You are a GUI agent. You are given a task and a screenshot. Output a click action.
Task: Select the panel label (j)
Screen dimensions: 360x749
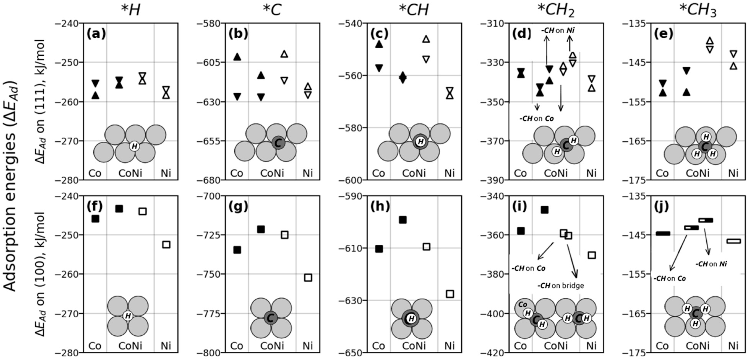pyautogui.click(x=661, y=207)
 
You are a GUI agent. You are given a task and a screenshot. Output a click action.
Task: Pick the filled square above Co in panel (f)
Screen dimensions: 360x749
pyautogui.click(x=95, y=219)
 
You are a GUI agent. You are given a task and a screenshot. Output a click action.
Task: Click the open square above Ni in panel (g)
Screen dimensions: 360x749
pyautogui.click(x=308, y=277)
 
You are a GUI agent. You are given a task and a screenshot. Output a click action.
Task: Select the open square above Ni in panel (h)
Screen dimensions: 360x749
pyautogui.click(x=450, y=294)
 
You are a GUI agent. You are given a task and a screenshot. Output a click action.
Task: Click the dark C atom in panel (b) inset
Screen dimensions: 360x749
pyautogui.click(x=278, y=143)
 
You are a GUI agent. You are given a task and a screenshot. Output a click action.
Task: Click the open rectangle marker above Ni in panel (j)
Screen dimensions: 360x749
pyautogui.click(x=733, y=241)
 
